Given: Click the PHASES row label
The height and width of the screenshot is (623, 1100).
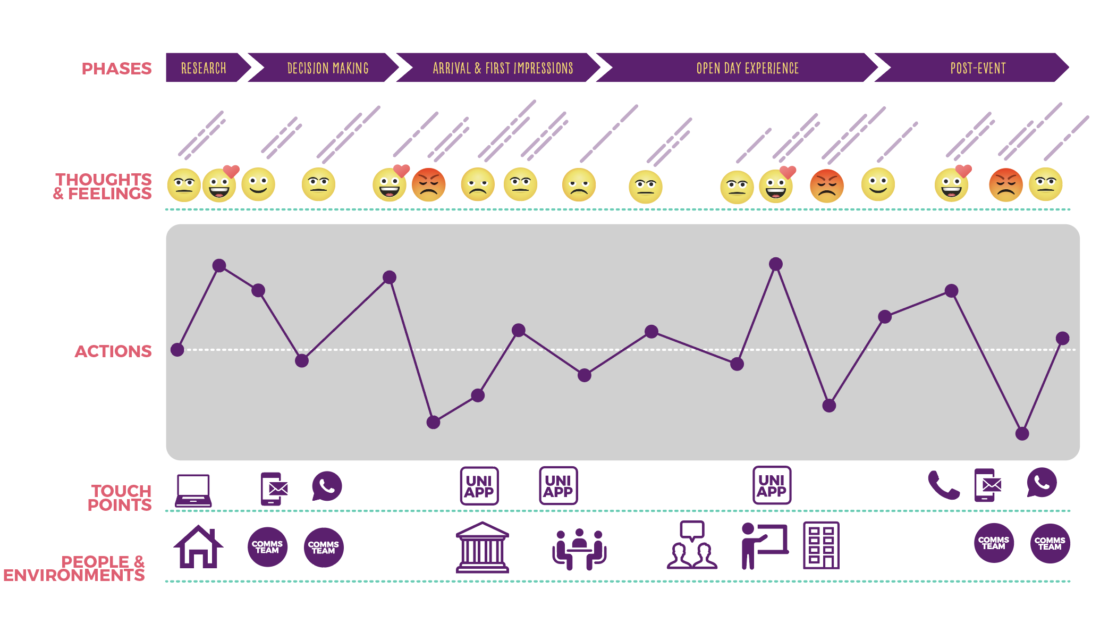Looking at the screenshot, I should (116, 69).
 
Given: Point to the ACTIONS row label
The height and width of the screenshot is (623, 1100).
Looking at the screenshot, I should (113, 351).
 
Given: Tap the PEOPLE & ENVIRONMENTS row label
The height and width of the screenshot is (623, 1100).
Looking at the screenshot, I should (74, 568).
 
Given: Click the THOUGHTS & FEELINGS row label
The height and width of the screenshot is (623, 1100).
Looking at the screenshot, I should (103, 187).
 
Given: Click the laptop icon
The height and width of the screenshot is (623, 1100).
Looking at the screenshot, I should (193, 490).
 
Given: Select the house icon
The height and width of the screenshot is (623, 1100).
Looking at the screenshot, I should (198, 547).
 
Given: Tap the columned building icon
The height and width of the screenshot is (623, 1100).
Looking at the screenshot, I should (482, 548).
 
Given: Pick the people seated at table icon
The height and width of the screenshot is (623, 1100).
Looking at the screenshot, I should (579, 550).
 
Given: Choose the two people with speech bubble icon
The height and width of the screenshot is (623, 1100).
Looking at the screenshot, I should (692, 546).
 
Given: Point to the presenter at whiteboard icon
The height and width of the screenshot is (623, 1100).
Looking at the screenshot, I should (764, 546).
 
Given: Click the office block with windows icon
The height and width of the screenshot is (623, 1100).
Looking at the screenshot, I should (821, 545).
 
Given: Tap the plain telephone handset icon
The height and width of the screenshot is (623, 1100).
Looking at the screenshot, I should (943, 485).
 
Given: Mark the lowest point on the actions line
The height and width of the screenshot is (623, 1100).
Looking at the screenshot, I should (1022, 434).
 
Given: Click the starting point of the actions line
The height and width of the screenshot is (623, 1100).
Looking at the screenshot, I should (177, 350).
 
